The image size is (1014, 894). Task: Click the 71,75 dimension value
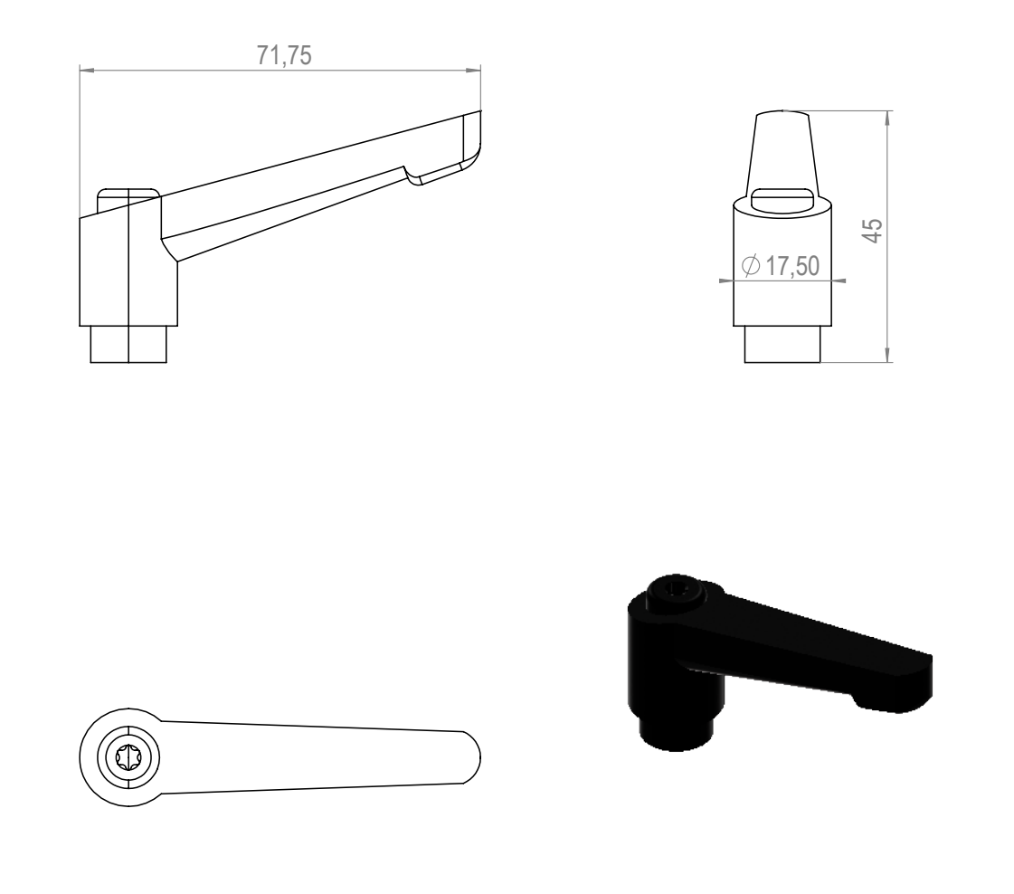[284, 55]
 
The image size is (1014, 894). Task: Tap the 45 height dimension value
[873, 231]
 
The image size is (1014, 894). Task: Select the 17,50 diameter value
[792, 266]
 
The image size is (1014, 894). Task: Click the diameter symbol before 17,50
[751, 265]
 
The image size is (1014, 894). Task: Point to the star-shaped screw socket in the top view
[128, 756]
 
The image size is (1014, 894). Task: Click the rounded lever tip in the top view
[474, 757]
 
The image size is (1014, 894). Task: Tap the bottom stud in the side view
[128, 344]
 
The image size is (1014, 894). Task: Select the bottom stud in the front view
[782, 344]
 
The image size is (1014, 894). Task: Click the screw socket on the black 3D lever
[677, 590]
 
